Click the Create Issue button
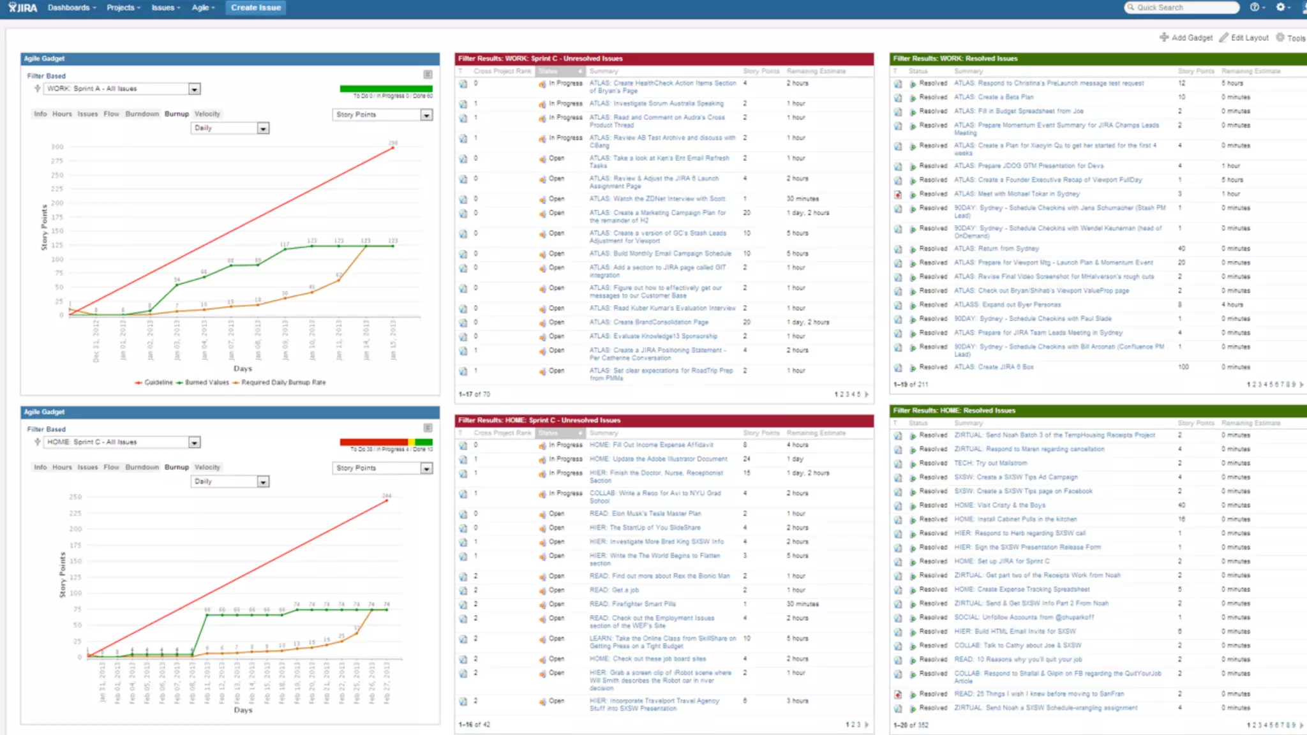click(x=255, y=8)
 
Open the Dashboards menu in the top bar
click(x=71, y=8)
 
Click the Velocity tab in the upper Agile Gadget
click(x=207, y=114)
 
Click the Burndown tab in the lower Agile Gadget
click(x=142, y=467)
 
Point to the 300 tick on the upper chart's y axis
click(x=57, y=147)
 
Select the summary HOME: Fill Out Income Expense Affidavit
click(x=651, y=445)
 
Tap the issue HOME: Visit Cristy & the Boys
click(x=999, y=505)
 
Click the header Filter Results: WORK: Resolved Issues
click(x=955, y=59)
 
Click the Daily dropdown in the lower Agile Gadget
click(x=230, y=482)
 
